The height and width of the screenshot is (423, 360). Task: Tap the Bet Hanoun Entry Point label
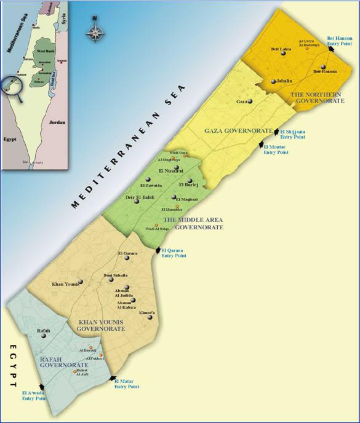339,41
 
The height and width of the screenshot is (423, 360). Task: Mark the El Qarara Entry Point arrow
158,250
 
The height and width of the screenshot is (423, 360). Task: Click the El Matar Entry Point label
127,384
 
